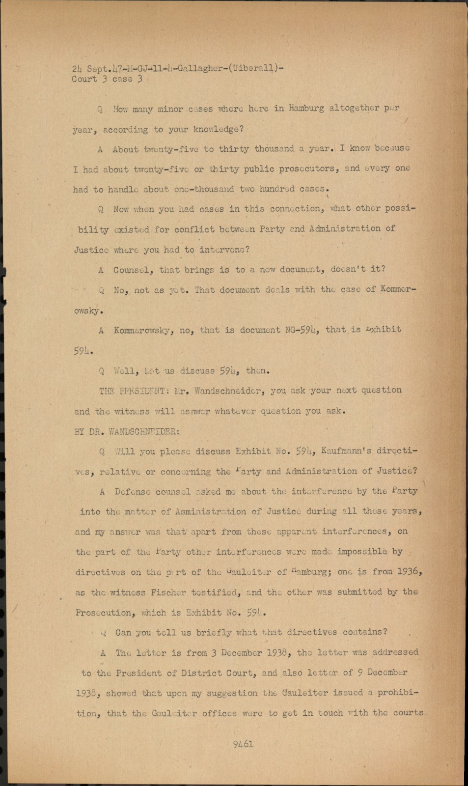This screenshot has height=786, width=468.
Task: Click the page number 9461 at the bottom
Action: (x=243, y=744)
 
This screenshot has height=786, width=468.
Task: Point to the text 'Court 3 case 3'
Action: (x=107, y=79)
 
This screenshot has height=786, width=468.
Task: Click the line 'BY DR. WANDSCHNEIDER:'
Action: (x=127, y=431)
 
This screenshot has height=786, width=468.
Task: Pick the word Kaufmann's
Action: (x=346, y=450)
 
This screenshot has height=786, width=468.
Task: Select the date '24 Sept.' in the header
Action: (x=86, y=69)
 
